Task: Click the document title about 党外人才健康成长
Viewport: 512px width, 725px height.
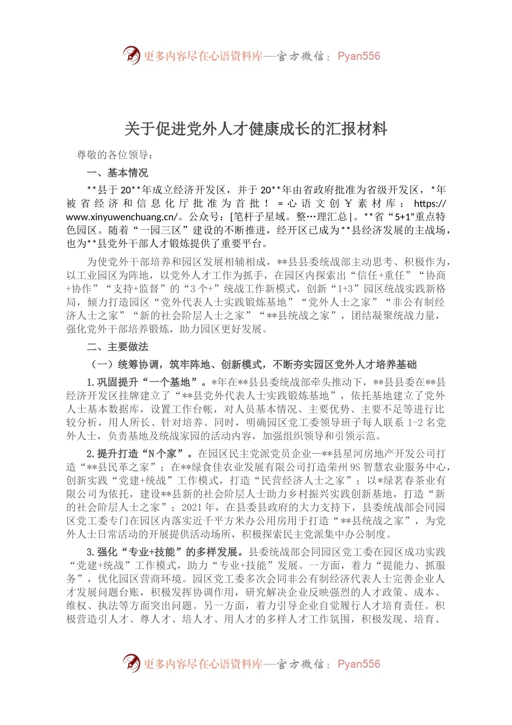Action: click(x=256, y=129)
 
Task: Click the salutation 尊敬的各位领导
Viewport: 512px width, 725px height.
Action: click(x=115, y=155)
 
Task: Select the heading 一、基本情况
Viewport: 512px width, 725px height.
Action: click(x=117, y=173)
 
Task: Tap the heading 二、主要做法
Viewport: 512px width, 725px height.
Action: click(x=117, y=347)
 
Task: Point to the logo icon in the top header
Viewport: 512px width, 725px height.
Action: click(x=131, y=56)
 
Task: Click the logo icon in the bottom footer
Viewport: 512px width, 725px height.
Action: click(x=131, y=664)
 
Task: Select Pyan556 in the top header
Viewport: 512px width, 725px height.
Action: click(x=358, y=56)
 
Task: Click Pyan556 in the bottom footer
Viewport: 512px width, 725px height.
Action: click(x=358, y=664)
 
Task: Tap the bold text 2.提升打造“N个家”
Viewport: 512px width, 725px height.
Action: click(x=140, y=454)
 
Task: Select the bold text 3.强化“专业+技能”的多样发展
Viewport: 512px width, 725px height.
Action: click(x=167, y=552)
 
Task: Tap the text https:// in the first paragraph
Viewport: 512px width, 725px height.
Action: click(x=430, y=204)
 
